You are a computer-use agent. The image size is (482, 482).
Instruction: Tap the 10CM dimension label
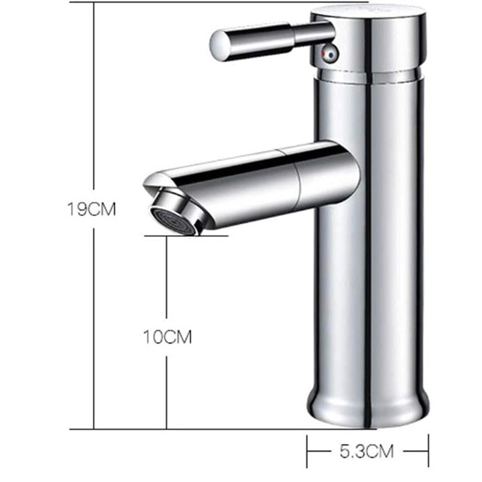tap(166, 337)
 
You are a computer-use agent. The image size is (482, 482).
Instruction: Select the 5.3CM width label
tap(368, 451)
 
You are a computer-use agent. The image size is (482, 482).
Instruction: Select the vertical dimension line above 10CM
tap(166, 280)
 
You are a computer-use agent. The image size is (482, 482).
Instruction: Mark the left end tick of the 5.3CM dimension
tap(309, 451)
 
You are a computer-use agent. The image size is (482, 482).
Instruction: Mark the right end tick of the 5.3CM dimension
tap(428, 451)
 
